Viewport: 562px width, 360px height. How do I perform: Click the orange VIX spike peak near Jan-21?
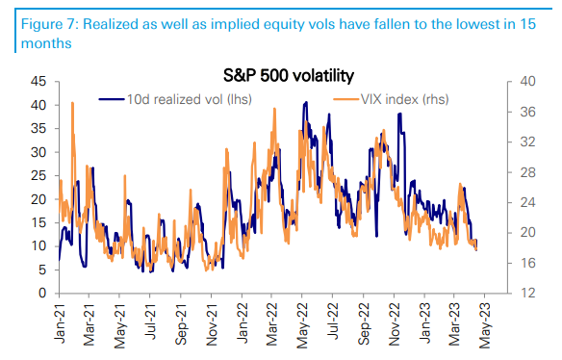click(x=72, y=102)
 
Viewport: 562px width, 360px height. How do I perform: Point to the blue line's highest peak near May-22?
click(x=305, y=102)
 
